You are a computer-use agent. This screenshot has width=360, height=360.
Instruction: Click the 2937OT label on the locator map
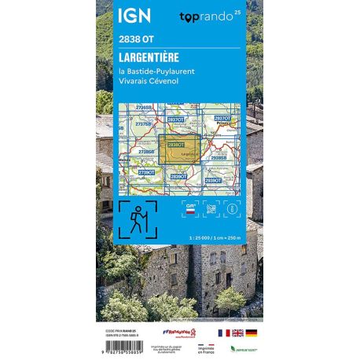coord(222,118)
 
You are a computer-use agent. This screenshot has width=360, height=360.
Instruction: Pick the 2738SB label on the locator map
coord(146,151)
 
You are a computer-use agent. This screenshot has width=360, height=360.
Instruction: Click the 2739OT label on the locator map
coord(146,171)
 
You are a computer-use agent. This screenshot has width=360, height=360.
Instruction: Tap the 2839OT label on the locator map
coord(179,177)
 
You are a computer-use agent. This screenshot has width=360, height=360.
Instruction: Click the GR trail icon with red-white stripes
coord(190,208)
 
